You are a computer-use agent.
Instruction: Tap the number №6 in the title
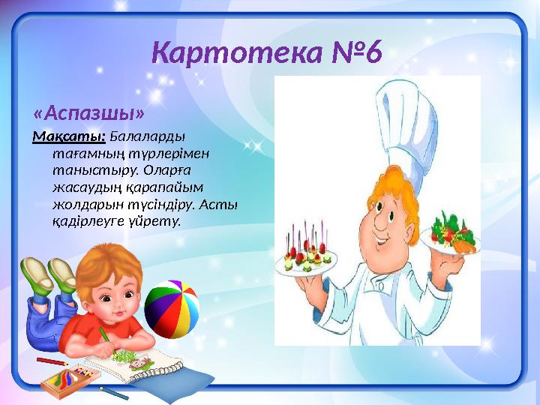click(x=354, y=53)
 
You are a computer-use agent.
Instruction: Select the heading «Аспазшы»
click(x=88, y=112)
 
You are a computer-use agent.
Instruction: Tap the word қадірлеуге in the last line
click(x=86, y=220)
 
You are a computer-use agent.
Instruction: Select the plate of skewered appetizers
click(x=307, y=259)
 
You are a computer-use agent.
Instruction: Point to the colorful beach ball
click(x=172, y=308)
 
